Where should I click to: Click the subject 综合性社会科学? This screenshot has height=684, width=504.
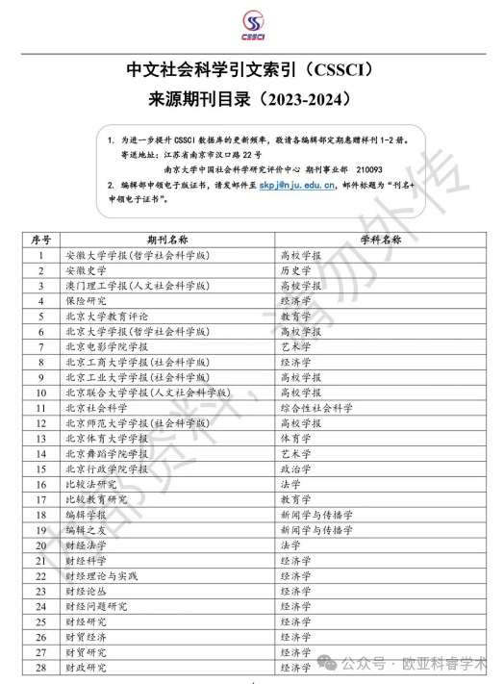pos(316,408)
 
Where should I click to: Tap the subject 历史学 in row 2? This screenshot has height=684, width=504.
pos(295,271)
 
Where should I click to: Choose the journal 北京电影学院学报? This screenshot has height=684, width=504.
pos(107,346)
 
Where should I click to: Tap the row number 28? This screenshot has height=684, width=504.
pos(41,668)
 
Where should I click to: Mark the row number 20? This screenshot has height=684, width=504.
pos(41,545)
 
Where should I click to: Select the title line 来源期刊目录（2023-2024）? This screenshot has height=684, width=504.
pos(251,98)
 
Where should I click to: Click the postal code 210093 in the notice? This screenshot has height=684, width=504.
pos(372,168)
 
